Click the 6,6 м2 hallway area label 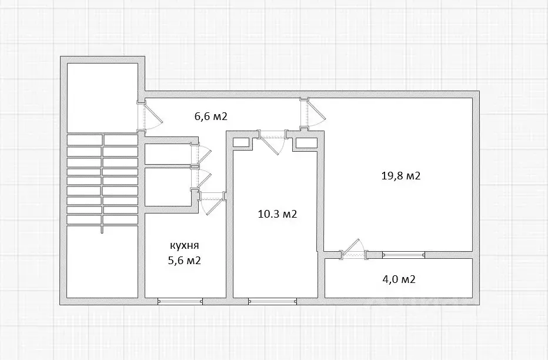pos(210,116)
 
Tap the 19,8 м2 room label pos(400,175)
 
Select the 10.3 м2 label pos(277,214)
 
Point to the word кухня pos(184,245)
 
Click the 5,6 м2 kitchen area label pos(184,261)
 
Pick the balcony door pos(353,249)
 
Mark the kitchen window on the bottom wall pos(180,301)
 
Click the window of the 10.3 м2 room pos(273,301)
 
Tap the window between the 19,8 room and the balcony pos(404,255)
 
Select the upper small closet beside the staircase pos(168,154)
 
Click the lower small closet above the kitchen pos(168,188)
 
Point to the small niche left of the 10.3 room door pos(241,142)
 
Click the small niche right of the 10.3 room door pos(306,142)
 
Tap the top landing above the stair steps pos(102,98)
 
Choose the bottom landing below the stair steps pos(102,262)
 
